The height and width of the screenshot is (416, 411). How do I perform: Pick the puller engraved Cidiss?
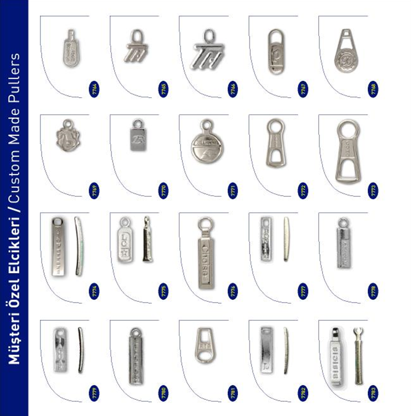(206, 254)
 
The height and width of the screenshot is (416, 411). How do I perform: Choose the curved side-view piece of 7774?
(79, 245)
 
